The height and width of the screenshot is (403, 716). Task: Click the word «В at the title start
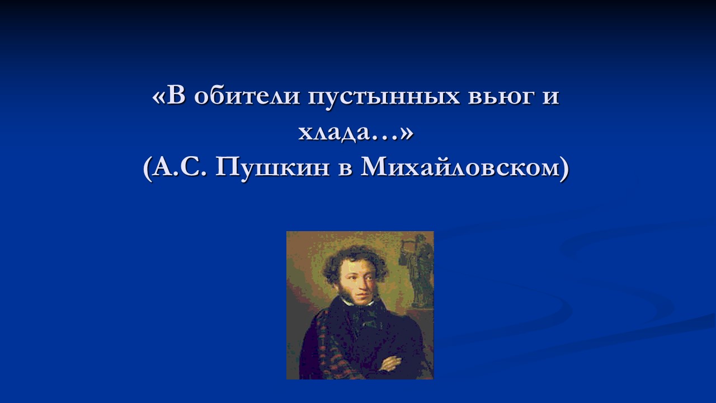(169, 96)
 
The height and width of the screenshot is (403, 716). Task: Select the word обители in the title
(247, 95)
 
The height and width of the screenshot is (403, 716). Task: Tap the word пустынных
(384, 97)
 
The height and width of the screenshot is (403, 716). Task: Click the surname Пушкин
(272, 167)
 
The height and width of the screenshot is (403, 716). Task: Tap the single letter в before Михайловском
(345, 170)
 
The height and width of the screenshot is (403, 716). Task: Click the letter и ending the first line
(551, 97)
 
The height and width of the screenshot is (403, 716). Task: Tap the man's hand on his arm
(390, 364)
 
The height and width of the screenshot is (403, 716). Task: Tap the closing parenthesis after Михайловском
(565, 169)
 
